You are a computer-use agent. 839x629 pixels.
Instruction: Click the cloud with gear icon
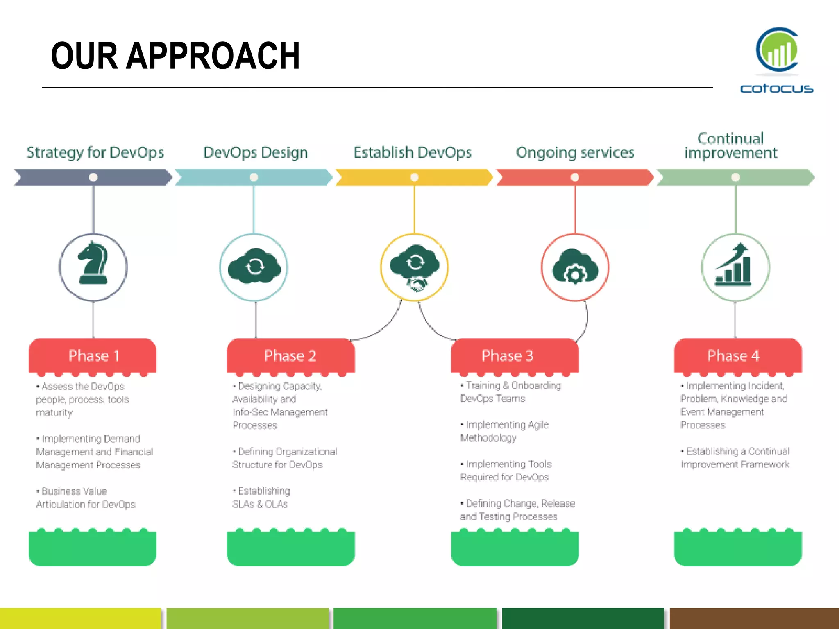point(575,267)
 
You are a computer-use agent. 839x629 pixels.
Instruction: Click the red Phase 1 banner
point(93,355)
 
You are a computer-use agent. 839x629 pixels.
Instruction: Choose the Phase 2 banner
point(290,355)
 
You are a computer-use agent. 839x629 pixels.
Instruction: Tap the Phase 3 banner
point(515,355)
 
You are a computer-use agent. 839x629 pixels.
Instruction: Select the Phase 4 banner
point(737,355)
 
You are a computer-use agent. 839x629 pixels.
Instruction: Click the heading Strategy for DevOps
point(95,152)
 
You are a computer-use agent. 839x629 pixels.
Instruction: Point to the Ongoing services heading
point(575,152)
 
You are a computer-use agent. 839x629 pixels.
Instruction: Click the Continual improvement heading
point(730,145)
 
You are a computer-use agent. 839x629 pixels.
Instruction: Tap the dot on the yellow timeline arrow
point(415,177)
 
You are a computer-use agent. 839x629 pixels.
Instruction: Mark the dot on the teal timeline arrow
point(254,177)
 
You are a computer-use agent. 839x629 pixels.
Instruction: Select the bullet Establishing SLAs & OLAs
point(261,497)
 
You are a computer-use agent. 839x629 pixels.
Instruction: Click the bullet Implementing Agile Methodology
point(504,431)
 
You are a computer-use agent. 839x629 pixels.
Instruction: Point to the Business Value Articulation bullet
point(86,498)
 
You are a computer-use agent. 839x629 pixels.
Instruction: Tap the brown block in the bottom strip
point(754,618)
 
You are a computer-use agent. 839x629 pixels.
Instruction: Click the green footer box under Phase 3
point(515,549)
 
